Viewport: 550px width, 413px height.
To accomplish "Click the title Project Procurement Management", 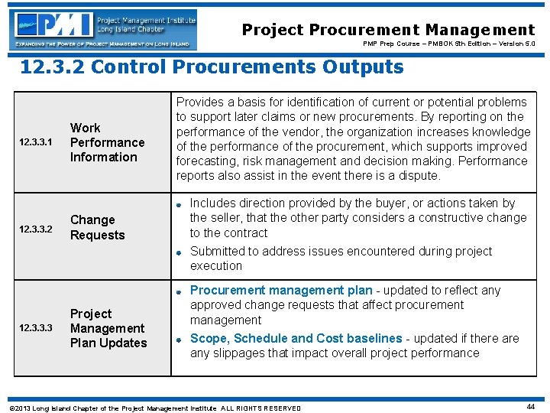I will [388, 30].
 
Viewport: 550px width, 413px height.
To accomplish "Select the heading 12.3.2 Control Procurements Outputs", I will [211, 67].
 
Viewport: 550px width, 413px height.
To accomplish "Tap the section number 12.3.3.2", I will [37, 229].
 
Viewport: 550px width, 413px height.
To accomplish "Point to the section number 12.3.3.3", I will [37, 329].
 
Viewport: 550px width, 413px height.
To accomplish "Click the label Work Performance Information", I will [107, 142].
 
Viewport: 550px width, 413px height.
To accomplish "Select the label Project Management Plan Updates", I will [108, 328].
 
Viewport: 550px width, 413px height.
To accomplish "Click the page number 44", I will [529, 407].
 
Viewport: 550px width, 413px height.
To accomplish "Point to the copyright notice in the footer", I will [153, 408].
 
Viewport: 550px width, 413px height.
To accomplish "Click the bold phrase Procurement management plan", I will [281, 291].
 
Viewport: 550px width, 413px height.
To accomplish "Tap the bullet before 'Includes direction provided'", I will [177, 204].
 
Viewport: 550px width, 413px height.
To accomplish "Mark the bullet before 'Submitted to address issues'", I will [177, 252].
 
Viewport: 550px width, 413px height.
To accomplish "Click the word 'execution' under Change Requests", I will [216, 266].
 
